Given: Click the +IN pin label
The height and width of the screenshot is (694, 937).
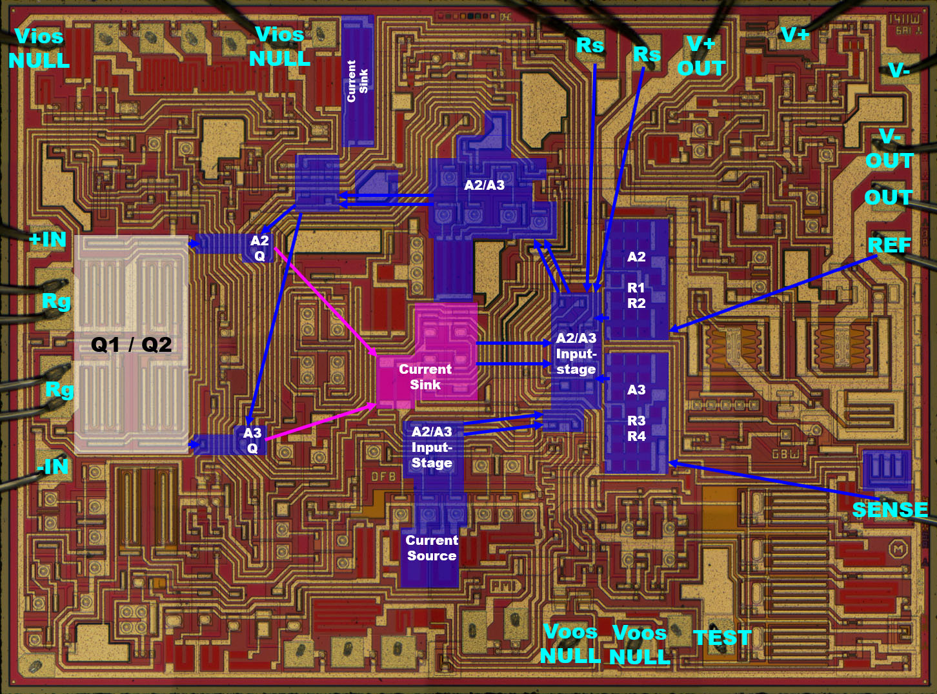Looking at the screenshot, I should [48, 240].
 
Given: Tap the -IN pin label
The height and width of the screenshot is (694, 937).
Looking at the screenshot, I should [53, 465].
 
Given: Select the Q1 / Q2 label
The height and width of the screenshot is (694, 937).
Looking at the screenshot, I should [132, 345].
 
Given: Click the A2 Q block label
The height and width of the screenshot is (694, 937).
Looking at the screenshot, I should [259, 248].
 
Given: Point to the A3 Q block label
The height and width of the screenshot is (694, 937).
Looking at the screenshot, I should [252, 440].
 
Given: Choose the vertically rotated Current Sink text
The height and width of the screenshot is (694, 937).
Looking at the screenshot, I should [358, 81].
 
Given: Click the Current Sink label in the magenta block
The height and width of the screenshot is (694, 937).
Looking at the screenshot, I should [425, 377].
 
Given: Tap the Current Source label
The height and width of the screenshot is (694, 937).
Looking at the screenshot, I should [432, 548].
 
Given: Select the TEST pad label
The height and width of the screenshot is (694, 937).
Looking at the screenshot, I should [722, 638].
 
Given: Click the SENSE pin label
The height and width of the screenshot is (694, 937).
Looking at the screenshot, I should [890, 510].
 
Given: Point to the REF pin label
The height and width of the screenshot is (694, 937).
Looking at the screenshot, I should [889, 245].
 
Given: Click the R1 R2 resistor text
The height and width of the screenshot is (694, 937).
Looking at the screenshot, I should [636, 296].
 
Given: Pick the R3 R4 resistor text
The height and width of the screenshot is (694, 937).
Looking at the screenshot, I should [636, 429].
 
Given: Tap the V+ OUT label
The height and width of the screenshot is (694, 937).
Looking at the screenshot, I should [701, 56].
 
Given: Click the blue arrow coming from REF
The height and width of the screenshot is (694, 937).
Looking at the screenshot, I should [774, 294].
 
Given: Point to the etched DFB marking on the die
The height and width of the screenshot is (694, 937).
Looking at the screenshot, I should [383, 477].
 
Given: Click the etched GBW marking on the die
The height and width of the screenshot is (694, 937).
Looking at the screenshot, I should [785, 454].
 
